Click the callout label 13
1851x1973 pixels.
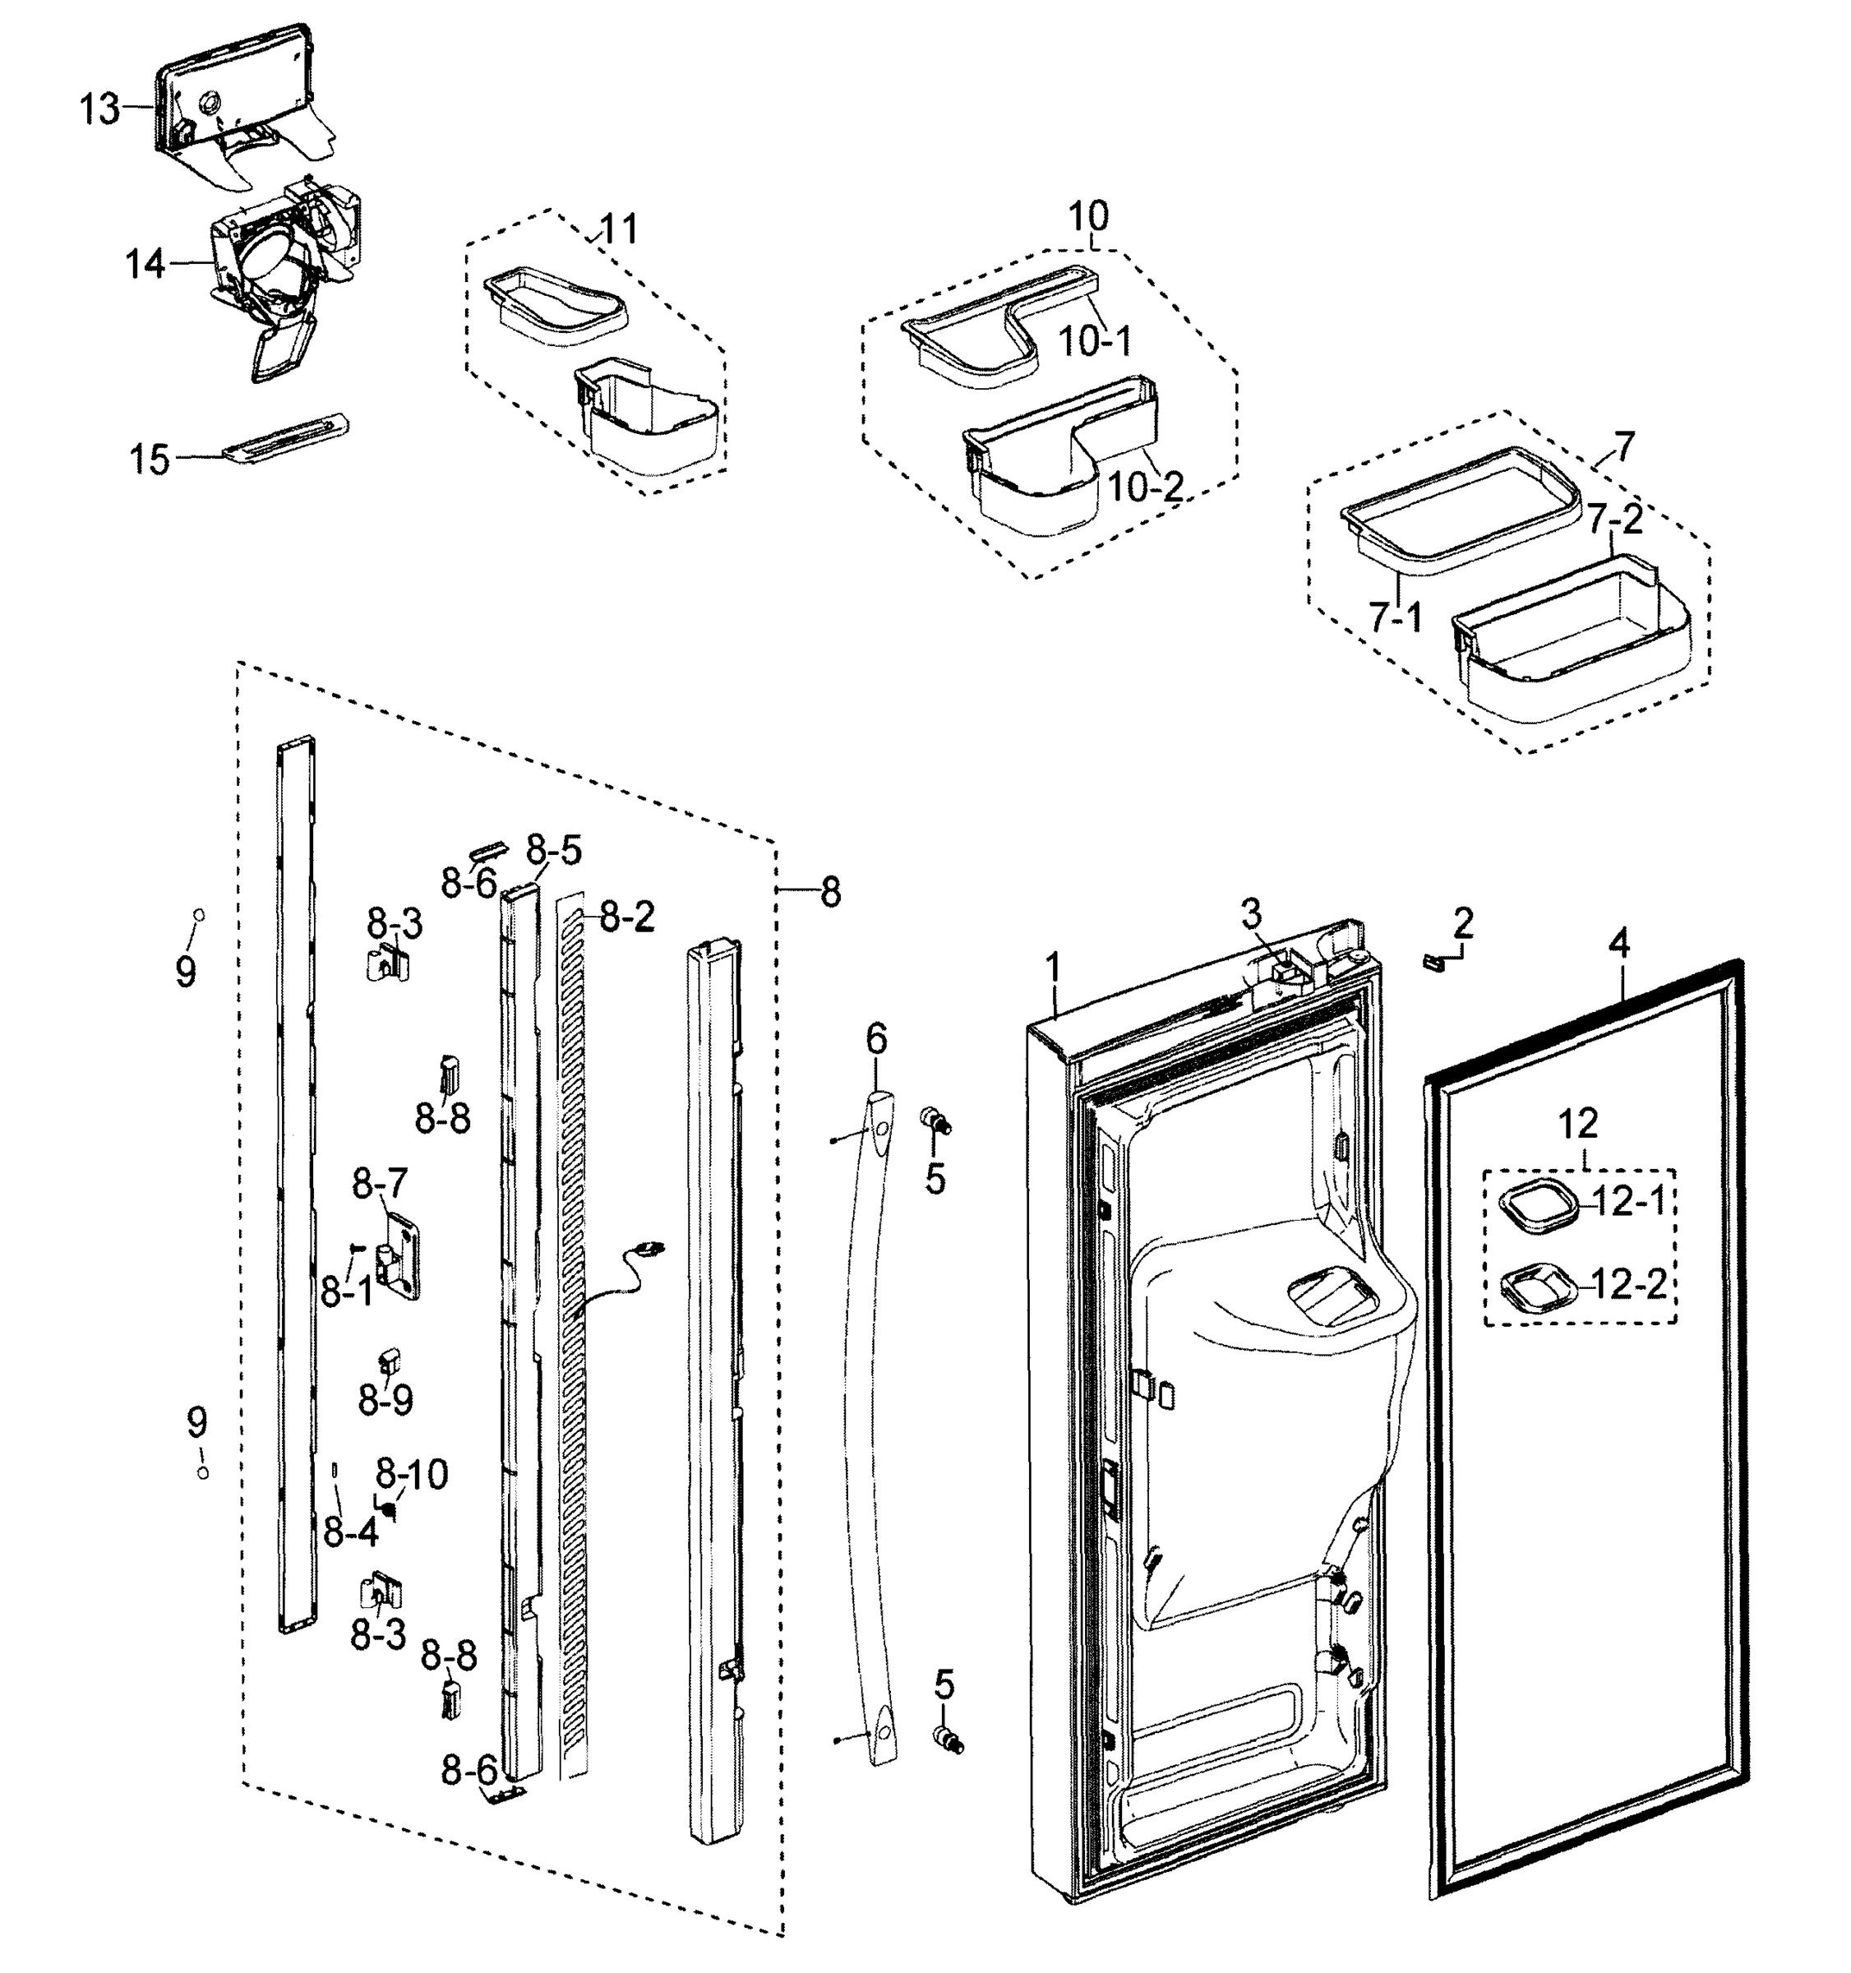pyautogui.click(x=99, y=109)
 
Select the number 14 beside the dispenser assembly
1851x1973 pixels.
pyautogui.click(x=145, y=265)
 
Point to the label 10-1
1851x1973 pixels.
pyautogui.click(x=1094, y=342)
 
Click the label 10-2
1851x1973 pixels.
pyautogui.click(x=1145, y=487)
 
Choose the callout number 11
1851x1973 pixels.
pyautogui.click(x=619, y=230)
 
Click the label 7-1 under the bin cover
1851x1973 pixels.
pyautogui.click(x=1396, y=617)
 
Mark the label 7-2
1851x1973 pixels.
pyautogui.click(x=1613, y=518)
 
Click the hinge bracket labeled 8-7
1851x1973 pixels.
pyautogui.click(x=403, y=1256)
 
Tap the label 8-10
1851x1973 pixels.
pyautogui.click(x=411, y=1473)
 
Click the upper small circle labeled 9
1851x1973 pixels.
pyautogui.click(x=199, y=914)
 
